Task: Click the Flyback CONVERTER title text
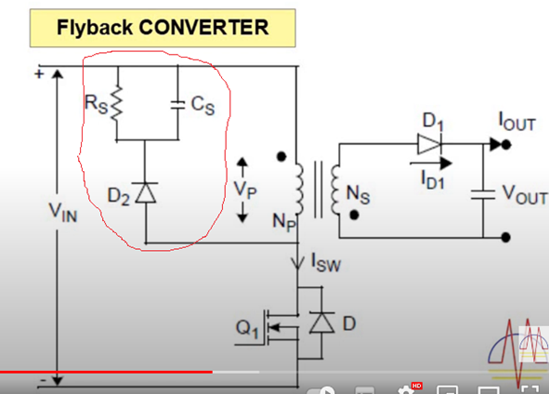[163, 26]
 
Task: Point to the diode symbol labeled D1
[429, 144]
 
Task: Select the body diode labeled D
[321, 322]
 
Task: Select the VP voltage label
[242, 190]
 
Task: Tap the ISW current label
[324, 263]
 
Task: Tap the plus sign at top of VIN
[39, 72]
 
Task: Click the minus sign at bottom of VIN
[42, 381]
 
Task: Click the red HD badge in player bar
[416, 385]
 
